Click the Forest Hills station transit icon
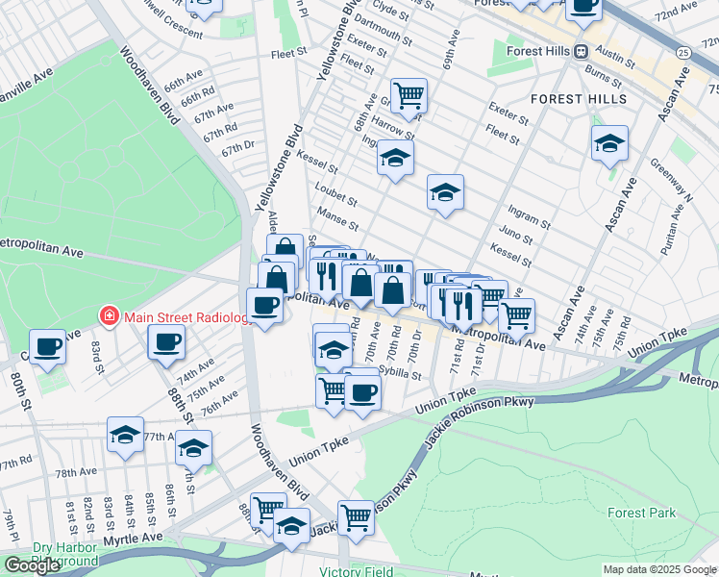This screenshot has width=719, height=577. pyautogui.click(x=582, y=52)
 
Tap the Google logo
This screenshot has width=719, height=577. pyautogui.click(x=32, y=565)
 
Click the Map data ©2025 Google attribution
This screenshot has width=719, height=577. pyautogui.click(x=658, y=569)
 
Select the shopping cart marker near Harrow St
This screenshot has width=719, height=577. pyautogui.click(x=409, y=95)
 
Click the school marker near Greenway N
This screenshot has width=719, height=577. pyautogui.click(x=609, y=143)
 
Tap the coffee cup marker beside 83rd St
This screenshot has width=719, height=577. pyautogui.click(x=47, y=346)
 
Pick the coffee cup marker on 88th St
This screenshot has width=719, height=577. pyautogui.click(x=166, y=341)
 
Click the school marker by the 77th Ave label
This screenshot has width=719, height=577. pyautogui.click(x=125, y=434)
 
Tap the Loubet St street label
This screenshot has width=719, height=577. pyautogui.click(x=336, y=202)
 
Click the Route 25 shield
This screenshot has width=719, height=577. pyautogui.click(x=682, y=51)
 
